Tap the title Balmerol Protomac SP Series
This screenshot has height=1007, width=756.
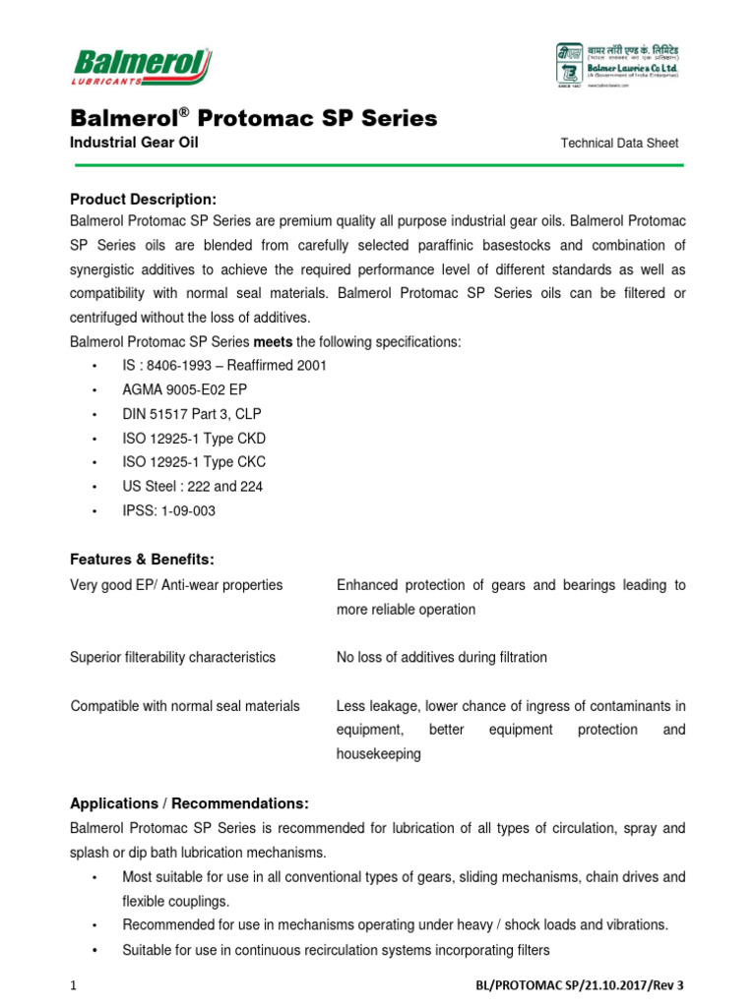pyautogui.click(x=253, y=119)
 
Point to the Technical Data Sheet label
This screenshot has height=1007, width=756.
pyautogui.click(x=619, y=144)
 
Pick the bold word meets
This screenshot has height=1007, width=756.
pyautogui.click(x=274, y=341)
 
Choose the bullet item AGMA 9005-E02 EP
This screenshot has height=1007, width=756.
pyautogui.click(x=185, y=389)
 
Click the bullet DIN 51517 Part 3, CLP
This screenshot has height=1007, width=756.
pyautogui.click(x=192, y=414)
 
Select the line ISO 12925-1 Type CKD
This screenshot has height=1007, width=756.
pyautogui.click(x=194, y=438)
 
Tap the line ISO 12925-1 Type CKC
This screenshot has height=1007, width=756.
pyautogui.click(x=194, y=462)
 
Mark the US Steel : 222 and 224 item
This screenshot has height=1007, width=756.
pyautogui.click(x=193, y=487)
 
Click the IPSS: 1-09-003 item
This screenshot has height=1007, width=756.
pyautogui.click(x=169, y=511)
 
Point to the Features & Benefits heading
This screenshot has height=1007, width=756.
pyautogui.click(x=142, y=560)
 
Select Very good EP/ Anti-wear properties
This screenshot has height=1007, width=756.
pyautogui.click(x=177, y=585)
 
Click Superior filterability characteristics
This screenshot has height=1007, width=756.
pyautogui.click(x=173, y=657)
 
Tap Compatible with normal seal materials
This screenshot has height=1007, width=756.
pyautogui.click(x=185, y=706)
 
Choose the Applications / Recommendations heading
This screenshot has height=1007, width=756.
pyautogui.click(x=190, y=802)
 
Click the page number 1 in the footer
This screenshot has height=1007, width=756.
pyautogui.click(x=74, y=985)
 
